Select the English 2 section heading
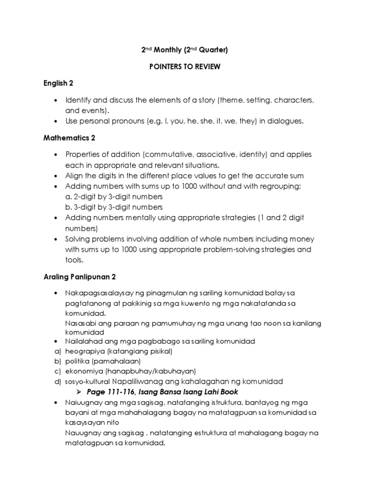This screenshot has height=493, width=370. pos(57,83)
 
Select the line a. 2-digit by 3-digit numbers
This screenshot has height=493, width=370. pos(114,196)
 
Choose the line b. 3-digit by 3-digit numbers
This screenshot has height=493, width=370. pos(114,207)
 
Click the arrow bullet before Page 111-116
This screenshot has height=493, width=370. pos(80,391)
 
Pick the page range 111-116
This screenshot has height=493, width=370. pos(119,391)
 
